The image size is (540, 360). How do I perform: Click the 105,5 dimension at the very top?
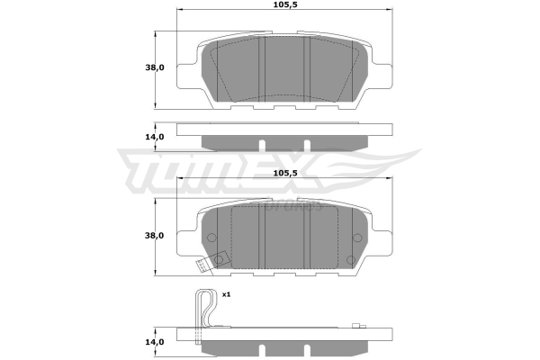285,4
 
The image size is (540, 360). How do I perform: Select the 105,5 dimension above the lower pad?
285,173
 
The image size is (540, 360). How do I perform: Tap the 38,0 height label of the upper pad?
155,67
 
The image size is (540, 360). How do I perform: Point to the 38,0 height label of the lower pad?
155,236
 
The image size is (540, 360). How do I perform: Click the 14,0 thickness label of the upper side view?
155,137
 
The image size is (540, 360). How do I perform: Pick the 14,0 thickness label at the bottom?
155,342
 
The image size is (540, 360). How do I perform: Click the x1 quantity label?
226,294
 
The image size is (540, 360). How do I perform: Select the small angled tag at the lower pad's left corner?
202,266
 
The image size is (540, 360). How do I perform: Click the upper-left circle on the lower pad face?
211,238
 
